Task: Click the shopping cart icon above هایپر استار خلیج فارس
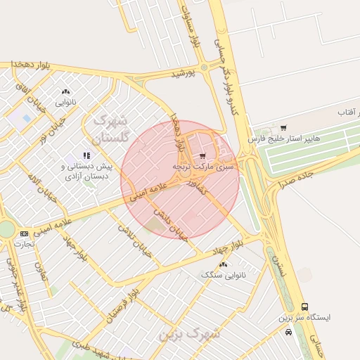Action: tap(283, 128)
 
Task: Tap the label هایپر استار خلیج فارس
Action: tap(289, 138)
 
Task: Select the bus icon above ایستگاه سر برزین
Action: tap(304, 307)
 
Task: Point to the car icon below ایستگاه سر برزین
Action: tap(288, 332)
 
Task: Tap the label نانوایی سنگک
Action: tap(224, 275)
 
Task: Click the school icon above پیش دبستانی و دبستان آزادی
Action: tap(86, 155)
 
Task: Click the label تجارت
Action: tap(25, 243)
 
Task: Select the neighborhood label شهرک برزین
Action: tap(188, 334)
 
